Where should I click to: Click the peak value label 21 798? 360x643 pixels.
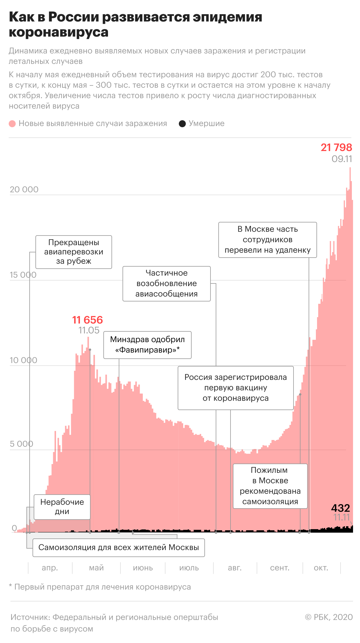336,148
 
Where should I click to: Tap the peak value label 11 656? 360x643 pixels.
87,320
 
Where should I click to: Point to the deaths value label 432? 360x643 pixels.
341,508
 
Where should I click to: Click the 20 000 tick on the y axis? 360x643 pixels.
24,189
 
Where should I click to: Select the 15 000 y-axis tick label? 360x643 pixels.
23,275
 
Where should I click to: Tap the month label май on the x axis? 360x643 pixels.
96,568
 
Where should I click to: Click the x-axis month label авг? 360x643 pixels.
235,568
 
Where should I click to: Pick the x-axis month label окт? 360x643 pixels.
321,568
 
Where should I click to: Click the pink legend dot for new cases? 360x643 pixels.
12,124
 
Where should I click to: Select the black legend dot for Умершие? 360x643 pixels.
182,124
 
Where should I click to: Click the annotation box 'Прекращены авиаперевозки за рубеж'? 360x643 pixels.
74,252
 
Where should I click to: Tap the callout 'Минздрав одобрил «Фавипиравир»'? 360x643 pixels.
147,345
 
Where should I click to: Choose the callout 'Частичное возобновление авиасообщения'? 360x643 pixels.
167,283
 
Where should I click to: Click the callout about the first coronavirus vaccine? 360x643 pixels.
236,388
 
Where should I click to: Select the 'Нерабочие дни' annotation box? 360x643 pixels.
62,507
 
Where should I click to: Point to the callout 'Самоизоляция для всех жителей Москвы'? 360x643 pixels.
119,547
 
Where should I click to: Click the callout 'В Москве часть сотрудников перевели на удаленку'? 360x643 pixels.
268,240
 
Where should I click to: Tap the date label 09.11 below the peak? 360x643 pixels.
342,159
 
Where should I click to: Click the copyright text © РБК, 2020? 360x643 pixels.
329,617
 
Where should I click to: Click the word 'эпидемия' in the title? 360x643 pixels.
227,17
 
